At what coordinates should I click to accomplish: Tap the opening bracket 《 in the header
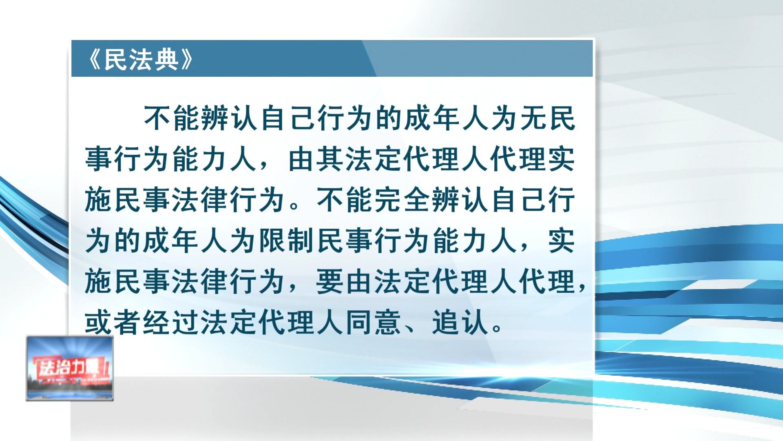click(x=95, y=60)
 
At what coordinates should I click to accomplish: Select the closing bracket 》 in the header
click(x=186, y=60)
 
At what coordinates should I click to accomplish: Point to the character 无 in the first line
click(x=532, y=118)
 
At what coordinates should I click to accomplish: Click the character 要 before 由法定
click(x=330, y=282)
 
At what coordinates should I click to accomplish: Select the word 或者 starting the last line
click(x=113, y=323)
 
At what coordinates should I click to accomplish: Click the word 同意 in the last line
click(x=374, y=323)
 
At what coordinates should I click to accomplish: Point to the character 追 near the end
click(x=446, y=323)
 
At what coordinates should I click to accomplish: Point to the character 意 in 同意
click(x=388, y=323)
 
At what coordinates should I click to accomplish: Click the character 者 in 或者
click(x=127, y=323)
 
